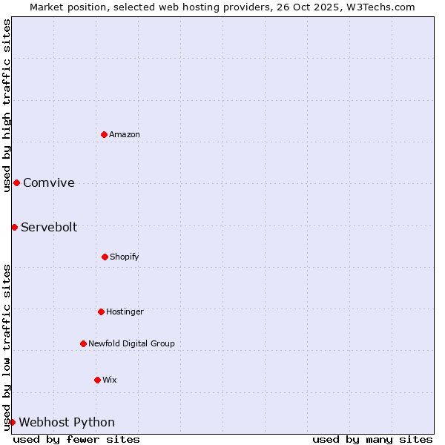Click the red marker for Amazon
pos(104,134)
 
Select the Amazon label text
pos(125,134)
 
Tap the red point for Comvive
pos(16,182)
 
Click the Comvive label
pos(49,183)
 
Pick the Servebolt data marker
pos(14,227)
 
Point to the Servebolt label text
pos(49,228)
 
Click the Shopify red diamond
pos(105,257)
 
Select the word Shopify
pos(125,257)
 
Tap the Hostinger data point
pos(101,311)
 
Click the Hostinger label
pos(125,311)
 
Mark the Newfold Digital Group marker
pos(83,343)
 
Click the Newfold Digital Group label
pos(131,343)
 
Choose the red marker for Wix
pos(97,380)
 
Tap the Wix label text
pos(110,380)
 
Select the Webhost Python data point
pos(12,422)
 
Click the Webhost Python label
pos(67,423)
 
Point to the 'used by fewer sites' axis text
pos(76,439)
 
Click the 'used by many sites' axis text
pos(372,439)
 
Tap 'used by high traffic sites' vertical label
pos(7,103)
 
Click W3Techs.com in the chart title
pos(381,7)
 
